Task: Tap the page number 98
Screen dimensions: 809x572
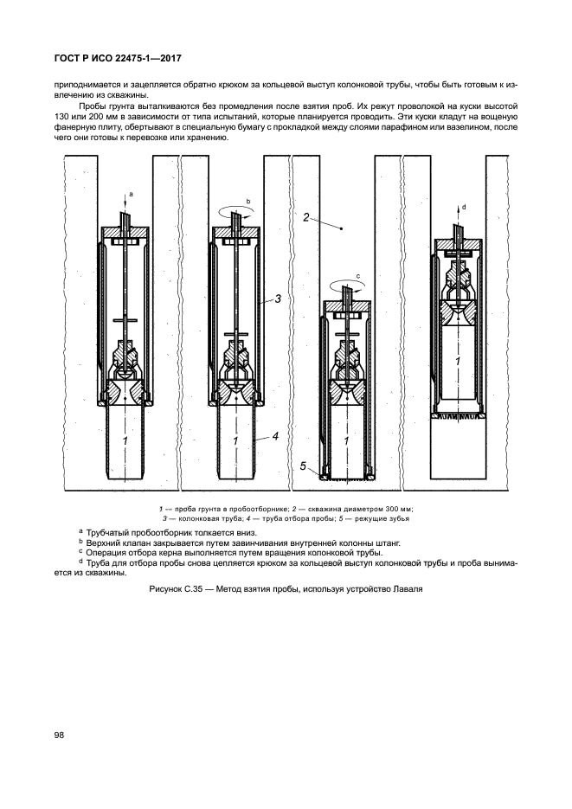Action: point(60,735)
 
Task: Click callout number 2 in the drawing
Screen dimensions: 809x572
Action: point(307,218)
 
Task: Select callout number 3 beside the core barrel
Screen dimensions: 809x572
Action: point(280,299)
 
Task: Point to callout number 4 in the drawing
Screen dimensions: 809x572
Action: point(275,436)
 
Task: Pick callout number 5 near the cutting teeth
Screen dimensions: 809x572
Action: point(304,466)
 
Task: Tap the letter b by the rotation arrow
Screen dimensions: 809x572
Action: point(247,201)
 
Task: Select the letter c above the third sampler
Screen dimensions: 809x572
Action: point(357,277)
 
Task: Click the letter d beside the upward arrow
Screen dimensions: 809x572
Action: point(465,207)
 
